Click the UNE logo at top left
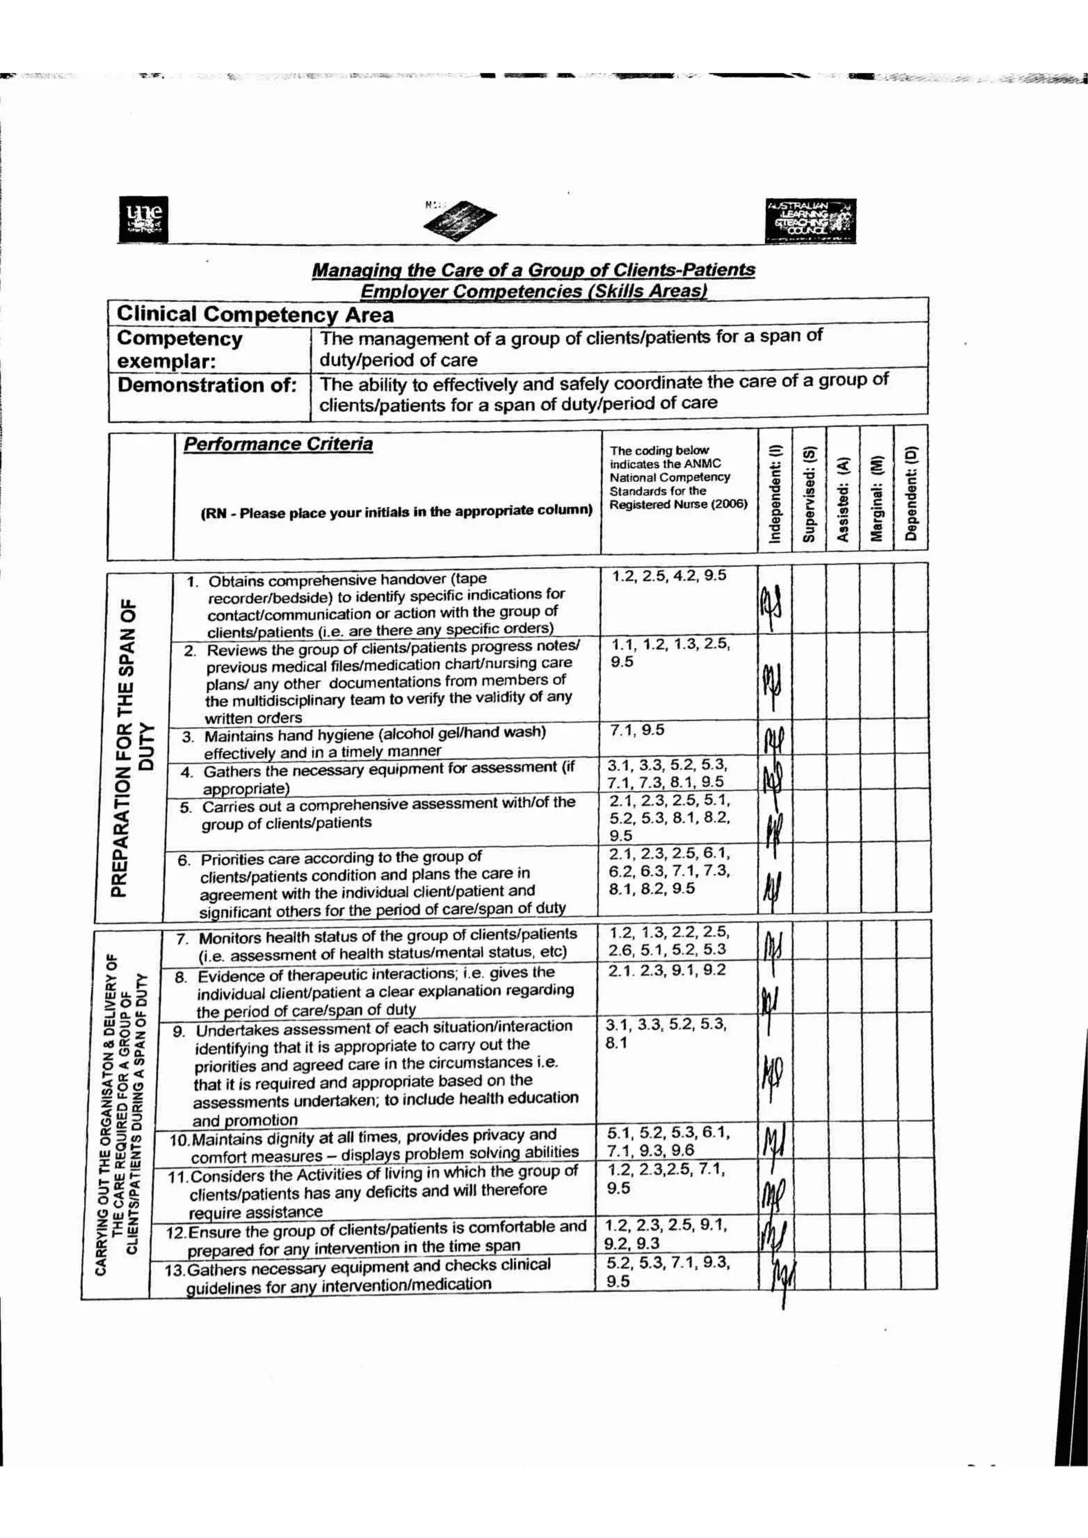(x=143, y=218)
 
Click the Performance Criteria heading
(x=278, y=444)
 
